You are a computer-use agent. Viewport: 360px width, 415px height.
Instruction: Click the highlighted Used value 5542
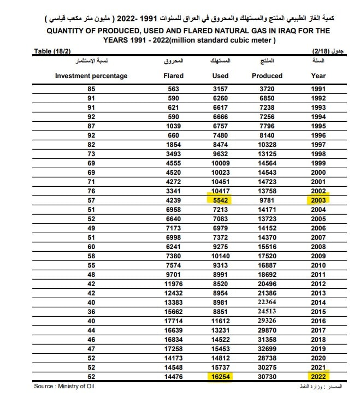[x=220, y=200]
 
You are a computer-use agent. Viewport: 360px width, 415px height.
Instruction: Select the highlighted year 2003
[x=318, y=200]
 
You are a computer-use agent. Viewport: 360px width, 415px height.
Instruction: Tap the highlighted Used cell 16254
[x=220, y=376]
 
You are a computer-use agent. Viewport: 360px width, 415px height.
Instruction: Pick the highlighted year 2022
[x=318, y=376]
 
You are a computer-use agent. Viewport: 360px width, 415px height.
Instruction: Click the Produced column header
[x=267, y=76]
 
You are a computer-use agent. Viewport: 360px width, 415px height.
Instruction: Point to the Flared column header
[x=174, y=76]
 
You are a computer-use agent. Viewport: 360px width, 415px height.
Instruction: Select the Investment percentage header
[x=91, y=76]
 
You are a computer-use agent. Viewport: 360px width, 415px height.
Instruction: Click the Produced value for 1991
[x=267, y=89]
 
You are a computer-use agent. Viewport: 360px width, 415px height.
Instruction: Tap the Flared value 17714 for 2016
[x=174, y=321]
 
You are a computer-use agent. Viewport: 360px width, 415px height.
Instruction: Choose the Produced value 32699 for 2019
[x=267, y=348]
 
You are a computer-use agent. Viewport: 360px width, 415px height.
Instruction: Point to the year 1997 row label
[x=318, y=145]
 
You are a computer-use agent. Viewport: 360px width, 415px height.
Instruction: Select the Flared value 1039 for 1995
[x=174, y=126]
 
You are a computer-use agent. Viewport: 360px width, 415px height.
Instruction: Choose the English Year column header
[x=318, y=76]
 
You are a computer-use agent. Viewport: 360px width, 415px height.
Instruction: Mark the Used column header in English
[x=220, y=76]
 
